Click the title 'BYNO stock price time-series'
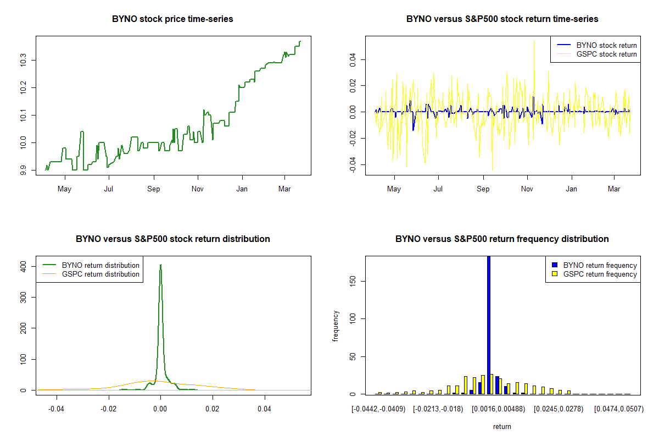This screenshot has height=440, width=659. click(x=172, y=19)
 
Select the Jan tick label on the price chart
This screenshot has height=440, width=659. click(x=242, y=189)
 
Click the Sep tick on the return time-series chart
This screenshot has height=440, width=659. click(x=483, y=189)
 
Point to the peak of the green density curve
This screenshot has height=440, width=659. click(x=160, y=265)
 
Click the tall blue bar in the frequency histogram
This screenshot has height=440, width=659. click(x=488, y=324)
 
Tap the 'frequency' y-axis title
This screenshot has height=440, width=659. click(x=336, y=326)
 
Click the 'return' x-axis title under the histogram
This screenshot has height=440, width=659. click(x=502, y=426)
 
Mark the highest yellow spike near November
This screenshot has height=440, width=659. click(x=534, y=40)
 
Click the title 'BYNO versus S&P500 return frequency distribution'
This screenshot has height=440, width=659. click(x=502, y=239)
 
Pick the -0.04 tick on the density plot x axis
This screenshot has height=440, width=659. click(x=56, y=409)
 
